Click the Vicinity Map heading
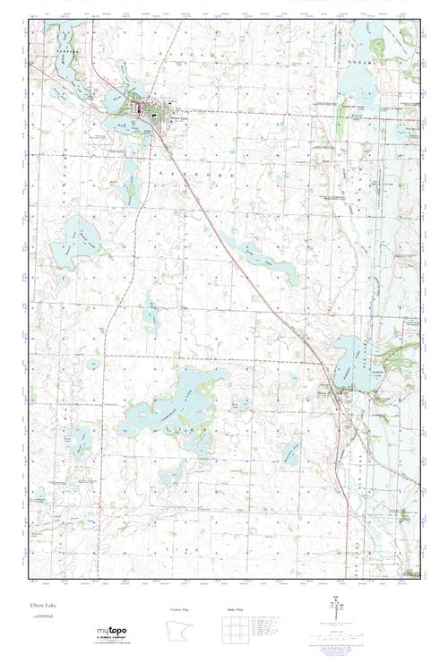click(179, 609)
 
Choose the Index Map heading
click(236, 609)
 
